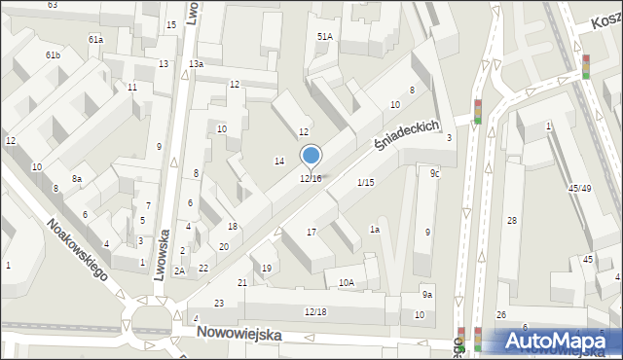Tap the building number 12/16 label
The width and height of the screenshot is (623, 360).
[311, 178]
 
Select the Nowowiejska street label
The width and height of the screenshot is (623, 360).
[238, 333]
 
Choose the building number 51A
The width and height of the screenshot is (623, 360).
[324, 36]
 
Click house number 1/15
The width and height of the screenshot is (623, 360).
[365, 183]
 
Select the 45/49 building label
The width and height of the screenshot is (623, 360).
[580, 189]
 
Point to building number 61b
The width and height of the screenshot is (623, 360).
[53, 55]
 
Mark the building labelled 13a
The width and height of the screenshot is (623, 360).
[197, 63]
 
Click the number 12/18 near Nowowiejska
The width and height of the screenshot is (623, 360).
[315, 311]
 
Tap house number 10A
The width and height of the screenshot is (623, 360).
[347, 282]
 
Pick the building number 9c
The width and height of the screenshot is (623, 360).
[435, 173]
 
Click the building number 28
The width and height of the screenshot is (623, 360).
[511, 221]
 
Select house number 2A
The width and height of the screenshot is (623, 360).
[179, 271]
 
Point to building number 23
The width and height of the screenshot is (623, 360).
[220, 304]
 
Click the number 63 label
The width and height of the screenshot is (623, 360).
[52, 5]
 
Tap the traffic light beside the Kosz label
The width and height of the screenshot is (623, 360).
[586, 65]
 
